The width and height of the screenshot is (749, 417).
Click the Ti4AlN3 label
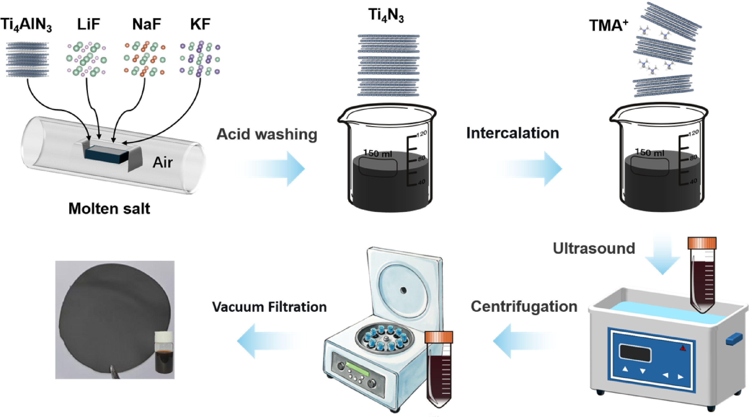pyautogui.click(x=26, y=25)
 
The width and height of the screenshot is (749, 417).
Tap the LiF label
pyautogui.click(x=88, y=24)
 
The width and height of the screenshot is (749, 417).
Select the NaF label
pyautogui.click(x=146, y=24)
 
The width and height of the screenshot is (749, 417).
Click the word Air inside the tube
pyautogui.click(x=163, y=162)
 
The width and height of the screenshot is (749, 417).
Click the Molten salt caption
pyautogui.click(x=109, y=208)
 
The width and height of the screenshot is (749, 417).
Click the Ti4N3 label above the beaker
pyautogui.click(x=386, y=15)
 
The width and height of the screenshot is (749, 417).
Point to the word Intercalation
pyautogui.click(x=513, y=133)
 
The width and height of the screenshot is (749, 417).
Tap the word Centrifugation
pyautogui.click(x=524, y=306)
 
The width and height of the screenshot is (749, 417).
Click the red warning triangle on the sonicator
pyautogui.click(x=683, y=348)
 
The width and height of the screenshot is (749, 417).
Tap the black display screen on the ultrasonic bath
pyautogui.click(x=635, y=353)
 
